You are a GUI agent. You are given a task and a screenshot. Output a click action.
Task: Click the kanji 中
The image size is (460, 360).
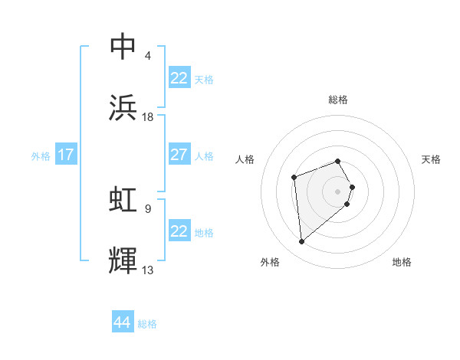tap(123, 47)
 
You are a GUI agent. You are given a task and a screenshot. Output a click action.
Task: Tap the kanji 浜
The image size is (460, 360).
tap(123, 108)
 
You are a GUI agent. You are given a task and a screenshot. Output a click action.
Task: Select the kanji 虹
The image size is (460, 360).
tap(123, 200)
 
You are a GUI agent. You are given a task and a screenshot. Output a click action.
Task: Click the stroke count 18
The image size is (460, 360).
tap(148, 116)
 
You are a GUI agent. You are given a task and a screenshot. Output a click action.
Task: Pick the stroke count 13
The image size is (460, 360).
tap(148, 270)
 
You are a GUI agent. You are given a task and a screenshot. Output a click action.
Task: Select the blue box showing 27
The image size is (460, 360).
tap(179, 155)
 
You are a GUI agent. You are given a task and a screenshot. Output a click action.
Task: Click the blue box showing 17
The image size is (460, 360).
tap(65, 155)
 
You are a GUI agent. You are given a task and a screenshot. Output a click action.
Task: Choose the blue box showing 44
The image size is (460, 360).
tap(123, 322)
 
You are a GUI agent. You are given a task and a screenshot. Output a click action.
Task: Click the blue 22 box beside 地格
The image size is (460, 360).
tap(179, 231)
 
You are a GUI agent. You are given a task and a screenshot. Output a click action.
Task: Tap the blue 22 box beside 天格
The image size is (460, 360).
tap(179, 78)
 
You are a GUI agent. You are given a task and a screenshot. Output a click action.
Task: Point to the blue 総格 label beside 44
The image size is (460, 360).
tap(147, 324)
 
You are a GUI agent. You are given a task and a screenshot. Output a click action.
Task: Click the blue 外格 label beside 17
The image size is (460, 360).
tap(41, 156)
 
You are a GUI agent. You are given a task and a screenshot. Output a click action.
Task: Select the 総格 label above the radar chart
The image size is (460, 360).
tap(337, 100)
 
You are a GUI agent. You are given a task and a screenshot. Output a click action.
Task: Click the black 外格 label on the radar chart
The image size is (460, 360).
tap(270, 263)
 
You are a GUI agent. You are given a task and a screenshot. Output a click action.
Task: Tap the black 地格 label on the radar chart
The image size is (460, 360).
tap(402, 263)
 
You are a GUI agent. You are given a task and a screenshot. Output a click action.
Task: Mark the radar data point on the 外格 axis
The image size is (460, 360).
tap(301, 242)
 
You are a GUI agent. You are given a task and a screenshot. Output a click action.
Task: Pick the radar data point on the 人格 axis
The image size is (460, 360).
tap(294, 178)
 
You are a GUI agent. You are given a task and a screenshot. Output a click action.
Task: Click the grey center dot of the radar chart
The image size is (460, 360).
tap(337, 191)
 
